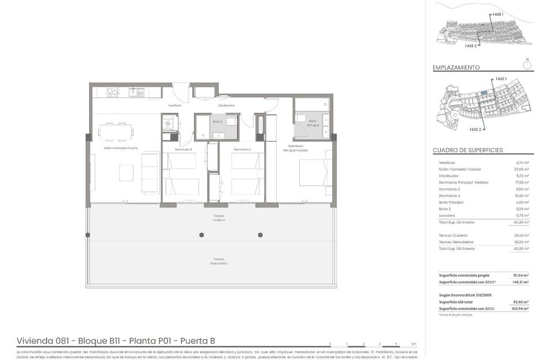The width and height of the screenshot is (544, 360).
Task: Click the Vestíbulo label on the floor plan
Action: pos(175,105)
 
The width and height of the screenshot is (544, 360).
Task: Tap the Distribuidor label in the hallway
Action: pos(226,105)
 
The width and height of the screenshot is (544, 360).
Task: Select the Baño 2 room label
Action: pos(218,122)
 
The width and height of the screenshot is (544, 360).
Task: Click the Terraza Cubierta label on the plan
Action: pos(218,218)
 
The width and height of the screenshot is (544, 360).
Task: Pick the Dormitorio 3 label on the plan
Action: pos(184,150)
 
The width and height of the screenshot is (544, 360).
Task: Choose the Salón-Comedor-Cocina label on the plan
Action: pos(120,149)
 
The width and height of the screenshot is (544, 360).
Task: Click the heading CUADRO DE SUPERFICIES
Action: pos(467,150)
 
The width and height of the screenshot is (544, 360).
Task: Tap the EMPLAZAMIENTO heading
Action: pos(456,68)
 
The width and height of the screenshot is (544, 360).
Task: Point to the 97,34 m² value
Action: pos(520,275)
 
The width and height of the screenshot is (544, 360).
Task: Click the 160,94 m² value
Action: pos(520,309)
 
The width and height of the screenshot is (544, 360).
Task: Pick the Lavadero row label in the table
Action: pos(447,215)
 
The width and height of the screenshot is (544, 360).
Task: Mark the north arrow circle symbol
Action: pos(527,65)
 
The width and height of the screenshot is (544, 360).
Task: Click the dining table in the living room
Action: pos(115,132)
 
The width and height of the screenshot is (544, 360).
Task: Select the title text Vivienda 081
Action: pos(43,340)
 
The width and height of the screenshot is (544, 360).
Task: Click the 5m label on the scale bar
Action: pos(414,343)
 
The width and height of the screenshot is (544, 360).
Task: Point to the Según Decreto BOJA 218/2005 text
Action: pos(465,294)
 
